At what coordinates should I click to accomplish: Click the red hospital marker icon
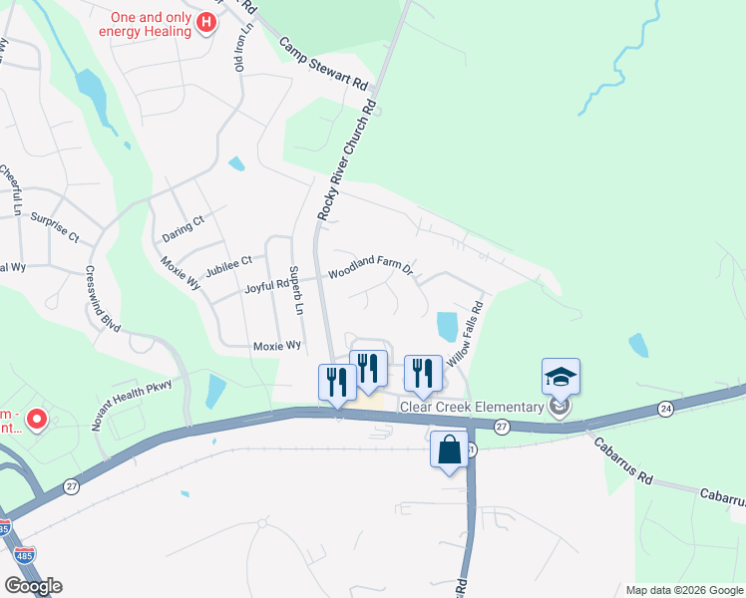click(206, 22)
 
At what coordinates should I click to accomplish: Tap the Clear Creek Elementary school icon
click(560, 377)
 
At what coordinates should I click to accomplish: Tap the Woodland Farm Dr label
click(370, 266)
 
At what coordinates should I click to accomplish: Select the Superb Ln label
click(294, 290)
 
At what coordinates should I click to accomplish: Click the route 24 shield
click(665, 409)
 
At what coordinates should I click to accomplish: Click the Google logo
click(33, 586)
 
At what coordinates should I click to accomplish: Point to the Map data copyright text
click(683, 590)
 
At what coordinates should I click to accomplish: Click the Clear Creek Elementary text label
click(471, 406)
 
